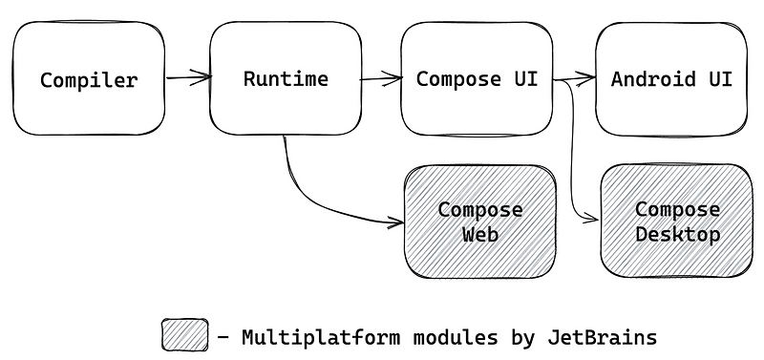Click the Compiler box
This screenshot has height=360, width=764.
point(88,79)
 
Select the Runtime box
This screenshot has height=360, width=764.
point(286,78)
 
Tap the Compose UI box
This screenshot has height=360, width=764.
point(477,78)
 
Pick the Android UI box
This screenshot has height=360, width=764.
point(671,78)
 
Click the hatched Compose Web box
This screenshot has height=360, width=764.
point(479,222)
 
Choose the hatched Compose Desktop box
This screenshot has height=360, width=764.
point(677,222)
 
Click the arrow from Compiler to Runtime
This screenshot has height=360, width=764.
point(187,76)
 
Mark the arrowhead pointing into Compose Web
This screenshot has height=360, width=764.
point(395,223)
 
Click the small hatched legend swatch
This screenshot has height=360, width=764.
point(184,335)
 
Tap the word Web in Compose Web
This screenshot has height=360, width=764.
point(479,234)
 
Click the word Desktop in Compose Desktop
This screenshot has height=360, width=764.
point(677,234)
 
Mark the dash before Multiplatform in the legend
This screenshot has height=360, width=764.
point(223,337)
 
